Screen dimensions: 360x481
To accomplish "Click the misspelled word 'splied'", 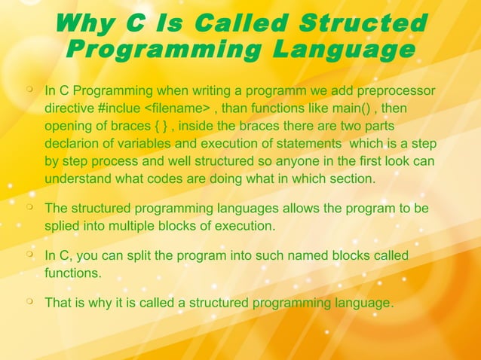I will tap(63, 224).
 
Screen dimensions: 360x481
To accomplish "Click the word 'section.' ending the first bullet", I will tap(351, 178).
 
